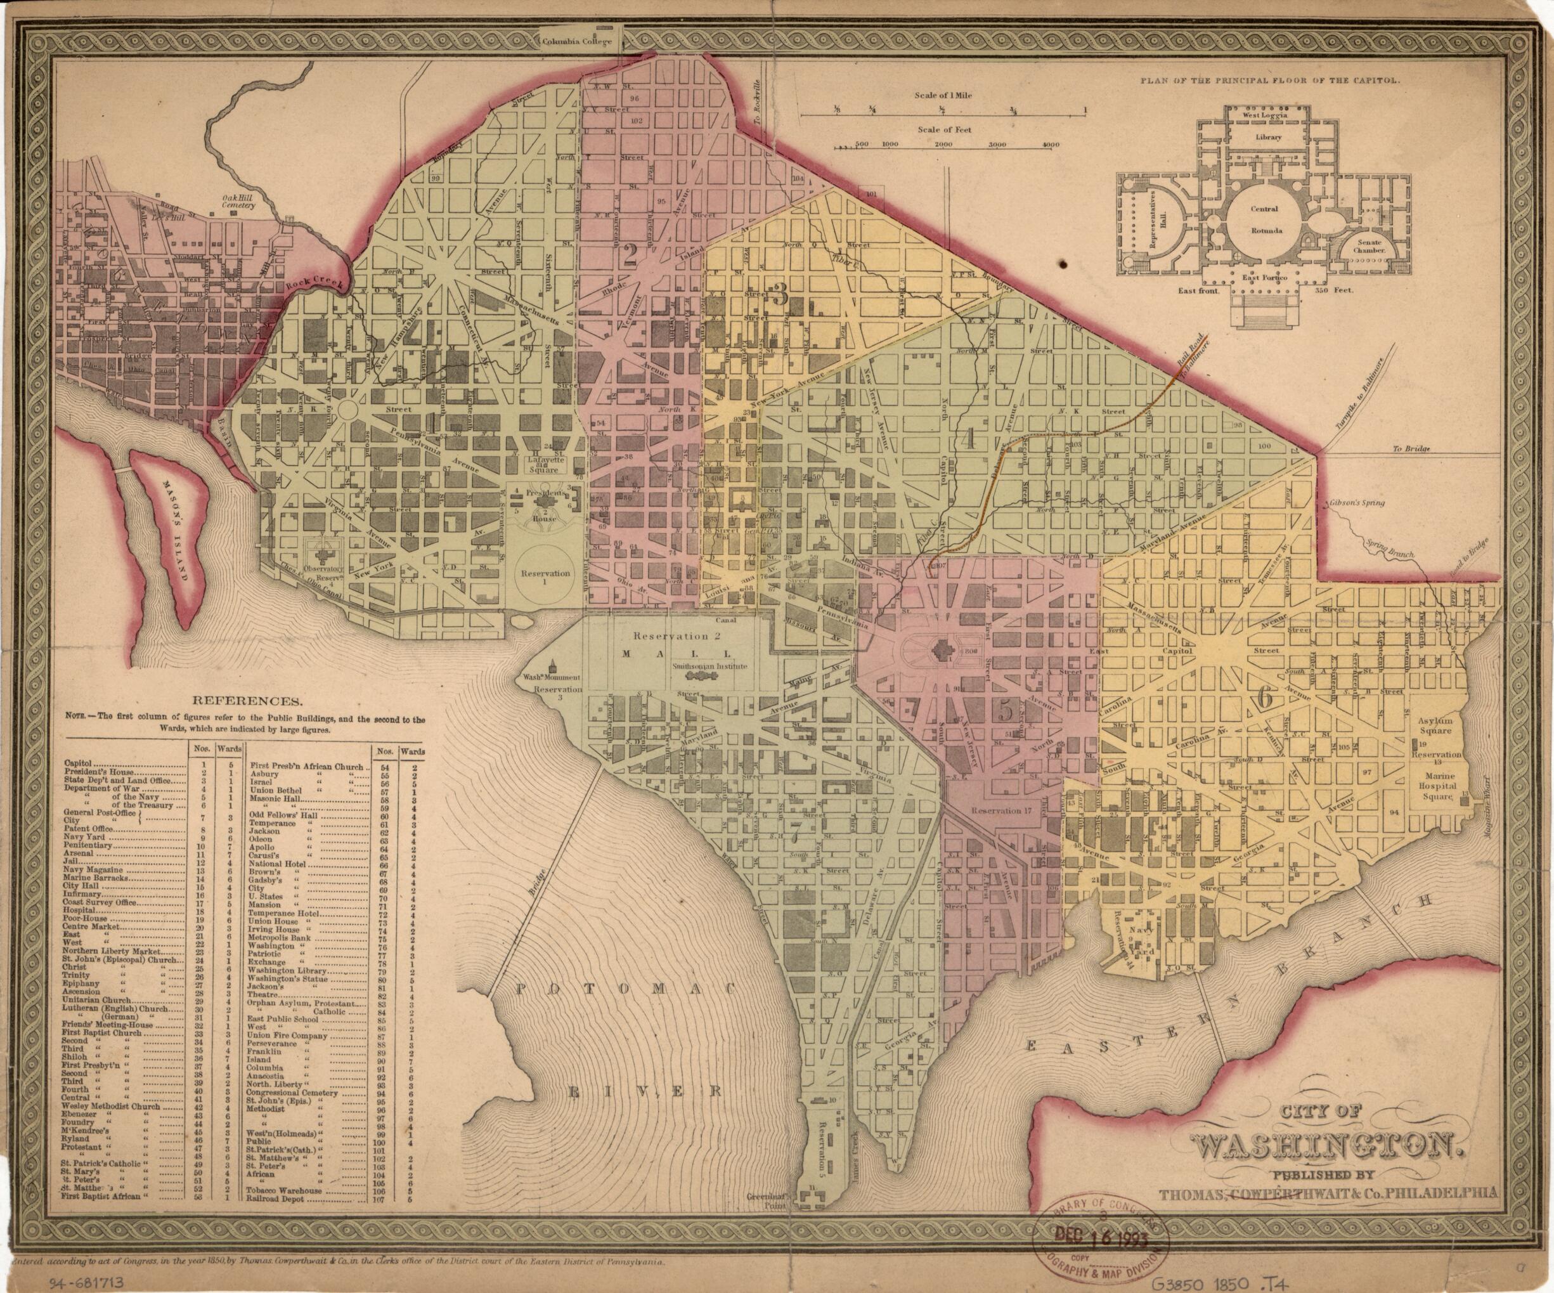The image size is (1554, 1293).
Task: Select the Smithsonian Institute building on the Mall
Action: [x=709, y=665]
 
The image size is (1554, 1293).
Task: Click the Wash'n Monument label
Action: [x=552, y=677]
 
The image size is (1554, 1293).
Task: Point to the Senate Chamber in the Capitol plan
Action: [x=1369, y=245]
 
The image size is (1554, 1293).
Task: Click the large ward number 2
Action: [x=630, y=254]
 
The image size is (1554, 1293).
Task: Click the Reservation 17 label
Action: [x=1001, y=810]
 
